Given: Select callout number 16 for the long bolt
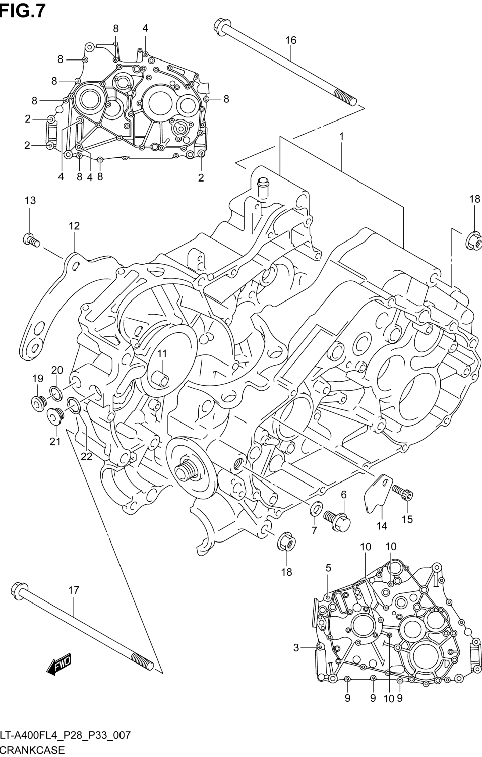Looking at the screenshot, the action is [x=291, y=40].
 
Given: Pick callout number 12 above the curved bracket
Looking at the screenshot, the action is [x=75, y=226].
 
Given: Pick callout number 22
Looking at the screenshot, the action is [x=86, y=456].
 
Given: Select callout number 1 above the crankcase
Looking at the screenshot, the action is [x=342, y=137].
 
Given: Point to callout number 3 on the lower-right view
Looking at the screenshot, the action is [x=296, y=648].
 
